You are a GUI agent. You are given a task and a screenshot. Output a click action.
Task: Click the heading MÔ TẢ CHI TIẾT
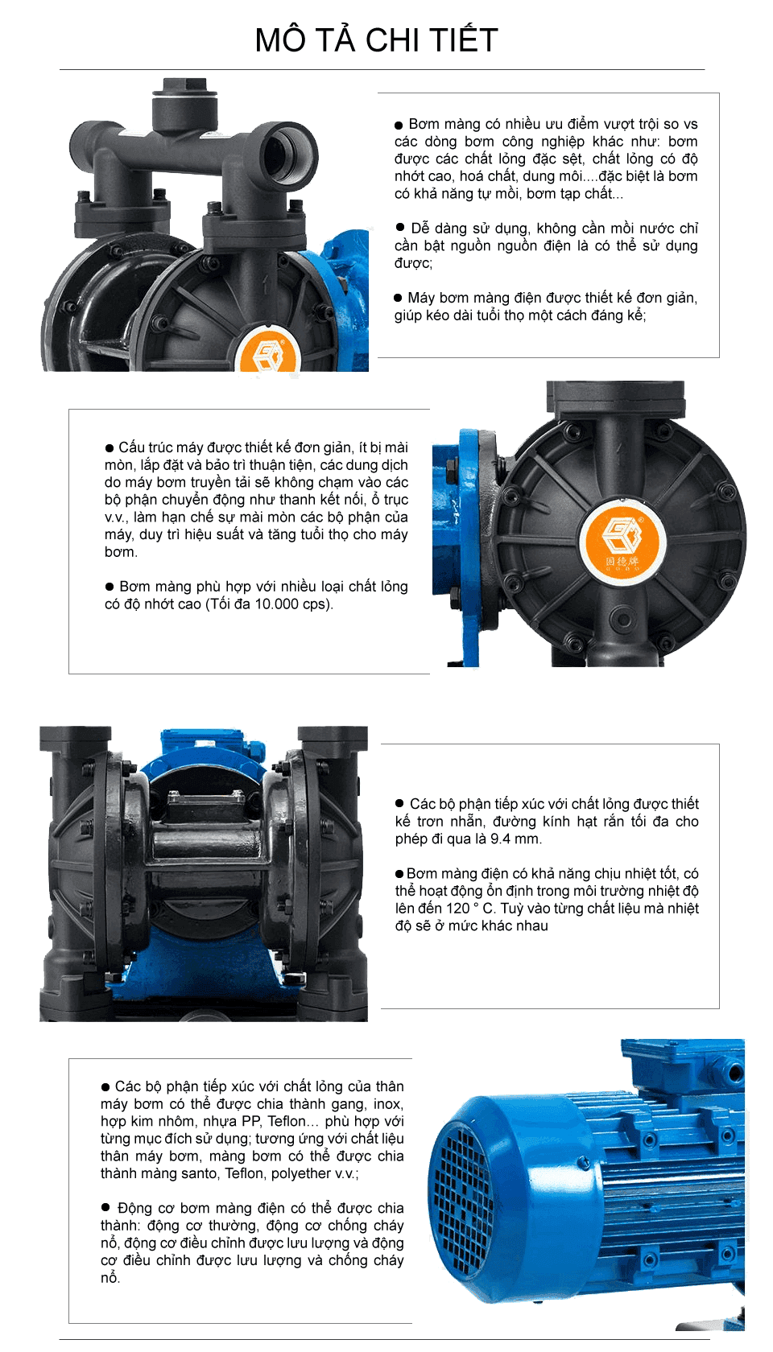(376, 40)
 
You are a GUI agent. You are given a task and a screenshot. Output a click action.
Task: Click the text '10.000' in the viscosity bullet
(276, 604)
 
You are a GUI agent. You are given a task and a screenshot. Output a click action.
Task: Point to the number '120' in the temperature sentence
(457, 909)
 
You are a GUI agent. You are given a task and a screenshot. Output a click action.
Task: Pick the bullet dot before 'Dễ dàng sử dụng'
(399, 227)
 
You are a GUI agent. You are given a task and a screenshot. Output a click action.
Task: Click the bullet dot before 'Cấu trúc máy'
(110, 447)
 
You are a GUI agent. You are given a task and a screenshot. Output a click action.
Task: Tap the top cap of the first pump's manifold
(184, 100)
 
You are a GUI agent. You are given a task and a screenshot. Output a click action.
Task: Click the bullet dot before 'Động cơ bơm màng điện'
(105, 1207)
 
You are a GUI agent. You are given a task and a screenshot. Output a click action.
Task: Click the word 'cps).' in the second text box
(317, 604)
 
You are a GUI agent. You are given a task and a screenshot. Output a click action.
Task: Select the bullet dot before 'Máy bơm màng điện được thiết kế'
(398, 298)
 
